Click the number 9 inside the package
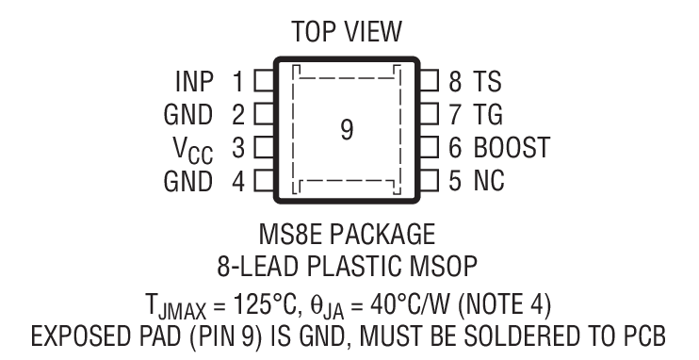(347, 131)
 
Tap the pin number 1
(239, 81)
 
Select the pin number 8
(455, 81)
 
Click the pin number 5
(455, 181)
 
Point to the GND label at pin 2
(188, 115)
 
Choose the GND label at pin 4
(188, 181)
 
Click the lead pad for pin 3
(264, 148)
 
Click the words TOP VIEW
(347, 33)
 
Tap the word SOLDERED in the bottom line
(514, 335)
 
